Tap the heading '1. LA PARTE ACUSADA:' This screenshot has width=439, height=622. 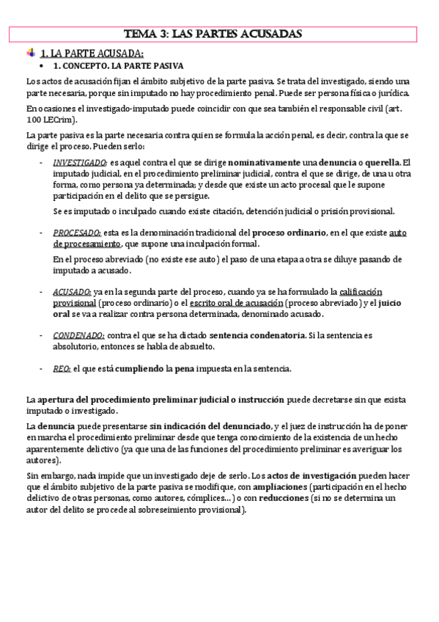coord(91,54)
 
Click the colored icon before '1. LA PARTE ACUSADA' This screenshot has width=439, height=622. coord(30,53)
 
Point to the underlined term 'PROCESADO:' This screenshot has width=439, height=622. coord(76,233)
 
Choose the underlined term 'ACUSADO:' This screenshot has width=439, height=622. coord(71,292)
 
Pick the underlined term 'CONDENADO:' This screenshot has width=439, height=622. coord(77,335)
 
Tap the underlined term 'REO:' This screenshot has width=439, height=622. coord(62,368)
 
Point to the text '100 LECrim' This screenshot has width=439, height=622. coord(49,119)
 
